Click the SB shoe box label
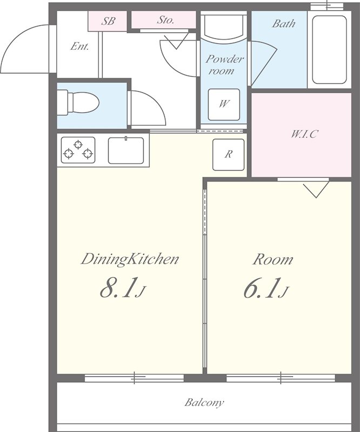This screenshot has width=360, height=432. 108,21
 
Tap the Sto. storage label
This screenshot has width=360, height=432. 165,19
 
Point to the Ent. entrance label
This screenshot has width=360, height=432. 79,46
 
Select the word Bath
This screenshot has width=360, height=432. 284,23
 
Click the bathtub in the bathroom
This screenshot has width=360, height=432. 329,50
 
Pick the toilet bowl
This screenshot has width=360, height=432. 78,103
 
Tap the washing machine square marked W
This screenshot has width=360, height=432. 224,104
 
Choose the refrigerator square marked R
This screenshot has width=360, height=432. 229,154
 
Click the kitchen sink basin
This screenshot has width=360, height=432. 126,151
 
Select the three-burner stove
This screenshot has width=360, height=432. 78,150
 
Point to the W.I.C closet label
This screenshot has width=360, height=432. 304,134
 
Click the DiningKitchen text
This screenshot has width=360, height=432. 130,260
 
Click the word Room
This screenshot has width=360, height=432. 273,259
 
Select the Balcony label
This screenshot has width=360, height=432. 204,403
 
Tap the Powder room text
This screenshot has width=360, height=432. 224,65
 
